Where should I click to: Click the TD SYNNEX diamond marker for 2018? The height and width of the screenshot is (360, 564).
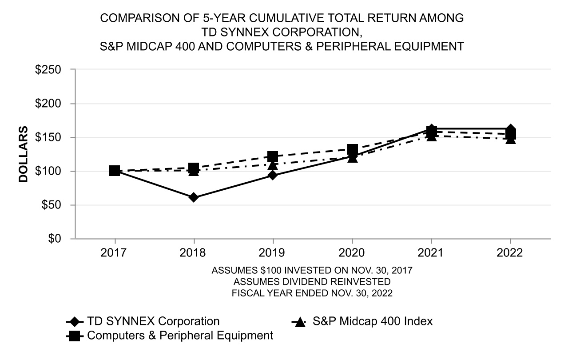point(194,197)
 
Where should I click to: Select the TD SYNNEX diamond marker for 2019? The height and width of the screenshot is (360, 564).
point(273,175)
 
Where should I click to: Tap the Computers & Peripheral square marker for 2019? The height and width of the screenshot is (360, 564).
point(273,156)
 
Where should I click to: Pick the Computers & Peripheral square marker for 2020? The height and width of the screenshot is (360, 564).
point(352,149)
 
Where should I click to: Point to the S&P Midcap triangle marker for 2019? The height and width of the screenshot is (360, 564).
point(273,165)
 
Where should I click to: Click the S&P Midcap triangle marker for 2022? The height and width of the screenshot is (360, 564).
point(511,139)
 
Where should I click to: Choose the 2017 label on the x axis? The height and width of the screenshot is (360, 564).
point(115,253)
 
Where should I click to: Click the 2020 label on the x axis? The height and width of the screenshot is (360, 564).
point(352,253)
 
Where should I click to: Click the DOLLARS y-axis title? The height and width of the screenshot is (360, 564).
point(24,154)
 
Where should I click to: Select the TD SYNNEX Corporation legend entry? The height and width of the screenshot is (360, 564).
point(153,321)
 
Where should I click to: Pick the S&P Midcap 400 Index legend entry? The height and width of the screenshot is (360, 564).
point(372,321)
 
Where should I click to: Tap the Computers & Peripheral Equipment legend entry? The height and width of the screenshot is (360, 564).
point(180,336)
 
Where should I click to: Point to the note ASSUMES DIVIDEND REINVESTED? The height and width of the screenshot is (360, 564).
point(312,282)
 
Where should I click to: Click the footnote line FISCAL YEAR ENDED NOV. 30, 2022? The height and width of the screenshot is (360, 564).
point(312,293)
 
